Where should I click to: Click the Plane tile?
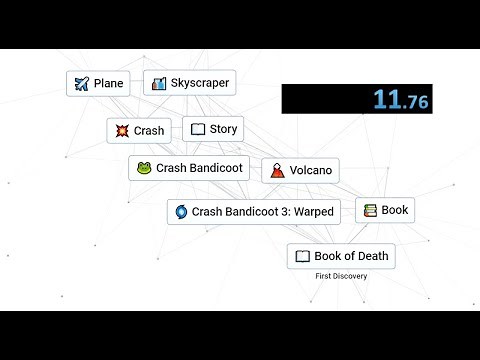(x=98, y=83)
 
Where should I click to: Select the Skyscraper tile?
(x=189, y=83)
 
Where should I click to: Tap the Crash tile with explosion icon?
(x=139, y=130)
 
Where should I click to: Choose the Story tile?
(x=213, y=129)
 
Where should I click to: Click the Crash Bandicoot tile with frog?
(x=189, y=168)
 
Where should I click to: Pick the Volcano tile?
(x=300, y=170)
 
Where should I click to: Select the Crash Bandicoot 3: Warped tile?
(x=254, y=211)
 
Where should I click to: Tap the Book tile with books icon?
(x=384, y=210)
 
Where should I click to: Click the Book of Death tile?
(x=341, y=256)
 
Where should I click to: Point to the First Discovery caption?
(x=341, y=276)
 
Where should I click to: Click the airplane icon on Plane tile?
(x=81, y=83)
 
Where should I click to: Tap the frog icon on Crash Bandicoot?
(x=144, y=168)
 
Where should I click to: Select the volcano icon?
(x=275, y=170)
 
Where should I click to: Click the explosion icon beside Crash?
(x=121, y=130)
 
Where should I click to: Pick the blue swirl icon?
(x=181, y=211)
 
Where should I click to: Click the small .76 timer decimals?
(x=414, y=101)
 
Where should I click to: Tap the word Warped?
(x=312, y=211)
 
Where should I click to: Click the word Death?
(x=369, y=256)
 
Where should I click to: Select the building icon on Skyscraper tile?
(x=158, y=83)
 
